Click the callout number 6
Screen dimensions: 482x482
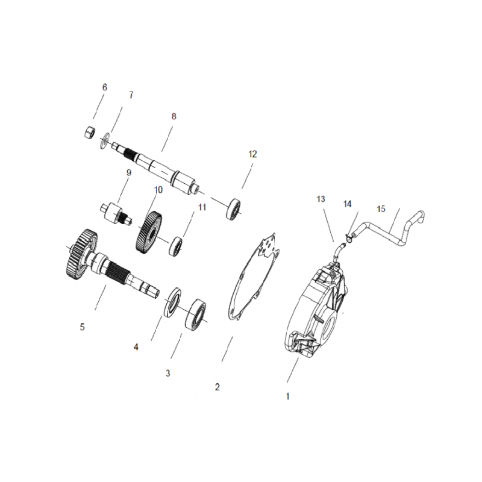105,87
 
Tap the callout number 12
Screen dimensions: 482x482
252,154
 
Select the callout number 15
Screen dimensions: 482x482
381,209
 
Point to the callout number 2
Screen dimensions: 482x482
218,387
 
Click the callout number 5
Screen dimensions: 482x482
82,327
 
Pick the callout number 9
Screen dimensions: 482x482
128,173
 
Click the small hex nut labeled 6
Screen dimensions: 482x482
89,133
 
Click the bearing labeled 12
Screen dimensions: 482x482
234,209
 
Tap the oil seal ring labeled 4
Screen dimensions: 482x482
172,302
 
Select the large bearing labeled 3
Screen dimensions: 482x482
195,314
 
